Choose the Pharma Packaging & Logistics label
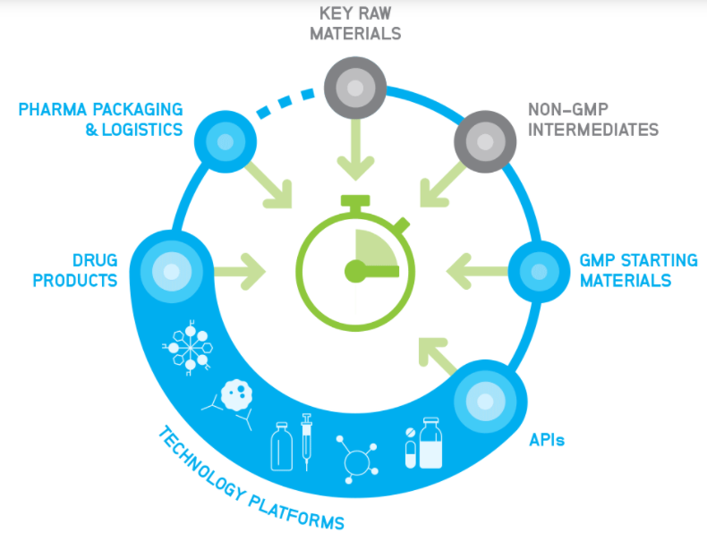pyautogui.click(x=100, y=120)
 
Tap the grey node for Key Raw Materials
pyautogui.click(x=355, y=89)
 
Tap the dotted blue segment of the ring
pyautogui.click(x=284, y=103)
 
